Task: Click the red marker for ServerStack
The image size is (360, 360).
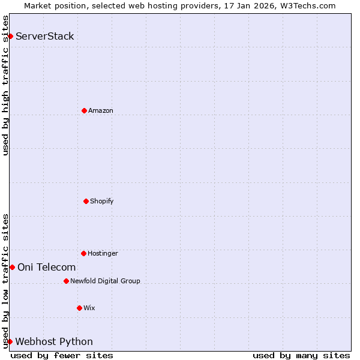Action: coord(10,36)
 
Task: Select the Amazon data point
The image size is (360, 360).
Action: coord(84,110)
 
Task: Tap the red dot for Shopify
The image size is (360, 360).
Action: coord(86,201)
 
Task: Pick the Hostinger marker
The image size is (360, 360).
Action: coord(83,253)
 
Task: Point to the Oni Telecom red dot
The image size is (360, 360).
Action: coord(12,267)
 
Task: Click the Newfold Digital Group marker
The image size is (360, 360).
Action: coord(66,281)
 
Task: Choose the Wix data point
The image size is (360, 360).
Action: coord(79,308)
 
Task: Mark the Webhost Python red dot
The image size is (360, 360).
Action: coord(10,341)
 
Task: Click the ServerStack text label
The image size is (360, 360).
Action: coord(45,36)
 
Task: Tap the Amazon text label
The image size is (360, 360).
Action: coord(101,110)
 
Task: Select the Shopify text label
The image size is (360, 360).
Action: coord(102,201)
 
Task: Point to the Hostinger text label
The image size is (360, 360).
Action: coord(103,253)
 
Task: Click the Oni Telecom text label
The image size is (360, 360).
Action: coord(47,267)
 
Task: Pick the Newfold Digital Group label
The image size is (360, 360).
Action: coord(105,281)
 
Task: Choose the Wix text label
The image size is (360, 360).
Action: coord(89,308)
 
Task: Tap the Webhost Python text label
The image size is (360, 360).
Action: coord(54,341)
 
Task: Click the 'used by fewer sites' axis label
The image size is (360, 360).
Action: coord(62,355)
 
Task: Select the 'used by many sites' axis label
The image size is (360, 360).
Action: coord(301,355)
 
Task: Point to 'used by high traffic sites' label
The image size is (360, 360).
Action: coord(5,85)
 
